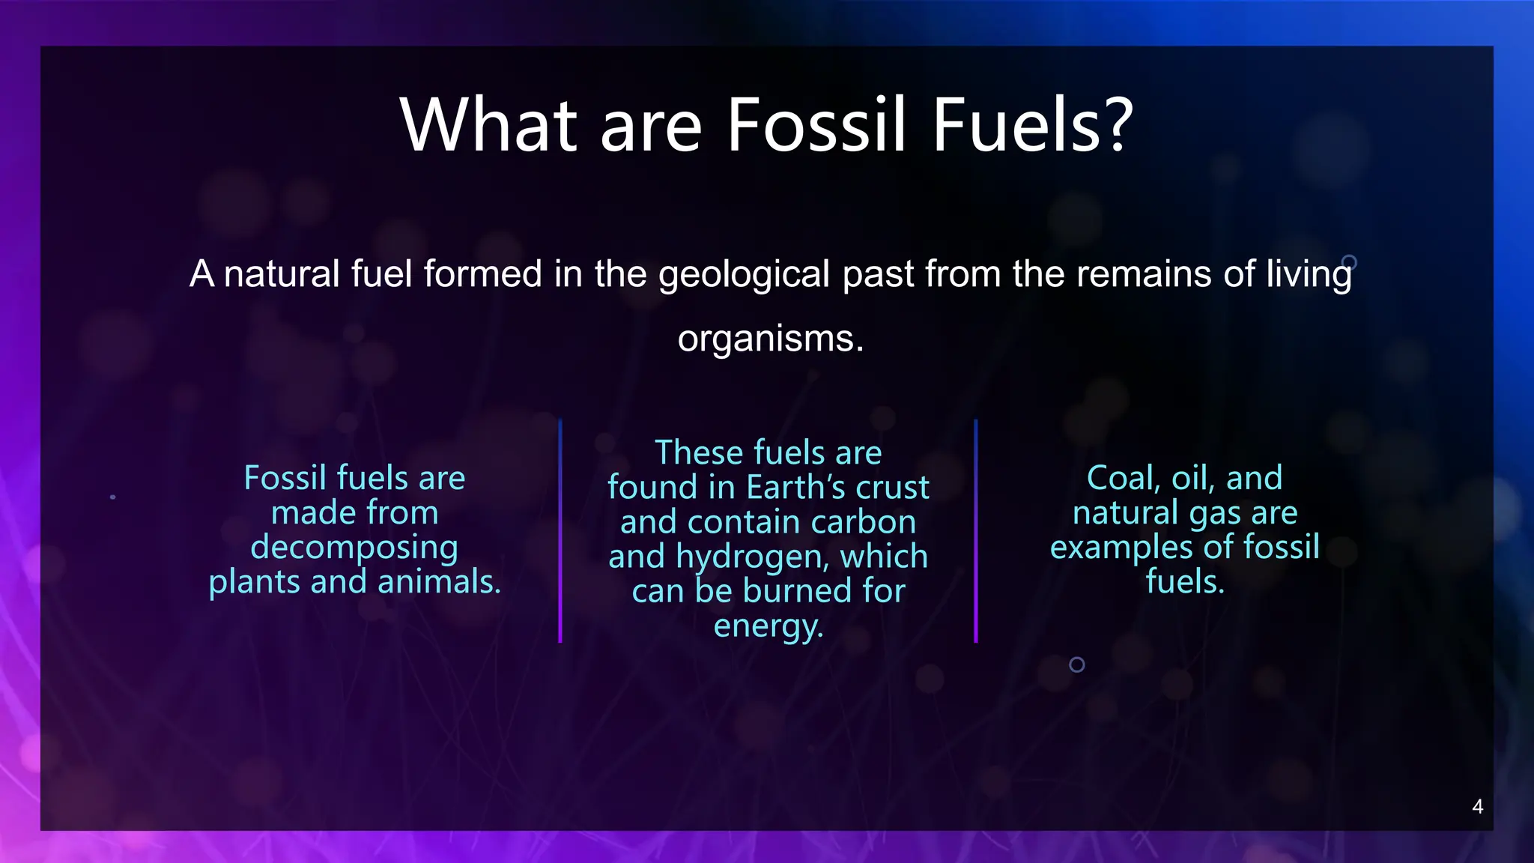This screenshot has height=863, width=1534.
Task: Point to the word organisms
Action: [x=769, y=339]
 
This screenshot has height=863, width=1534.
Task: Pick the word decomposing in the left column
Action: [x=354, y=548]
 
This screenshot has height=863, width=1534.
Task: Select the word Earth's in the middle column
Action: [x=797, y=488]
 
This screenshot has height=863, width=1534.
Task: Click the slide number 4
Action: [x=1477, y=807]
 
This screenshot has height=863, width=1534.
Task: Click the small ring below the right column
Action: [x=1076, y=664]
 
